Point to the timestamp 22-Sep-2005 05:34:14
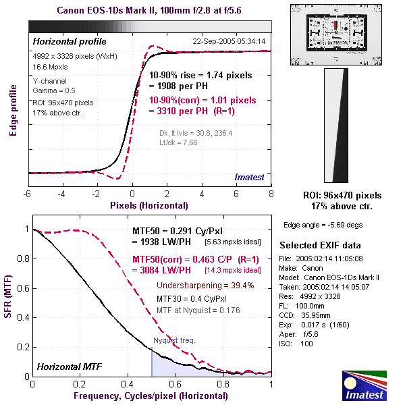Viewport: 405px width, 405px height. (229, 42)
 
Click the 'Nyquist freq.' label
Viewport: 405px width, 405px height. (174, 340)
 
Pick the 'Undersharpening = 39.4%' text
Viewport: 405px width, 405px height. (205, 286)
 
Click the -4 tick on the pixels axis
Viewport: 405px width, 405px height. (62, 194)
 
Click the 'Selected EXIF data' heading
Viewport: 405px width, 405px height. (321, 245)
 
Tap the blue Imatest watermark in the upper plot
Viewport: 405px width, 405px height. (250, 176)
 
